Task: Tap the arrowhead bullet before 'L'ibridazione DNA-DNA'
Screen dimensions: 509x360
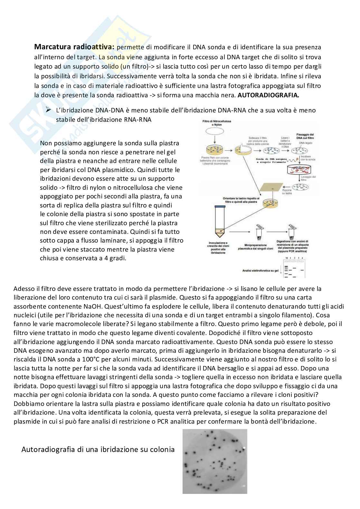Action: (49, 110)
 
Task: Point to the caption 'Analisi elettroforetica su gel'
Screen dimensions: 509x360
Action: (260, 271)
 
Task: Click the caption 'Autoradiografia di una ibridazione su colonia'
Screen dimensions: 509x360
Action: (98, 449)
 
